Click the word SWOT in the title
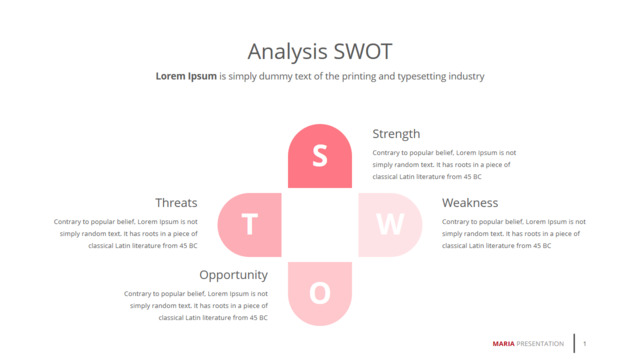click(362, 52)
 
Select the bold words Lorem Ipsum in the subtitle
click(186, 76)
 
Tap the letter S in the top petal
click(320, 156)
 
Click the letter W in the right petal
click(390, 224)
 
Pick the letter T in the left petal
click(250, 224)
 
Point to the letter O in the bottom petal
click(320, 293)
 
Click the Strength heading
click(396, 134)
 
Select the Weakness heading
click(470, 202)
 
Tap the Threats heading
click(176, 202)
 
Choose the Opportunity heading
click(233, 275)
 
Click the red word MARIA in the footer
click(503, 344)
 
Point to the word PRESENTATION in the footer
click(540, 344)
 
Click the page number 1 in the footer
click(584, 344)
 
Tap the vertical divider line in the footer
click(574, 343)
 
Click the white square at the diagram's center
click(320, 225)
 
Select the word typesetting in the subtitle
click(422, 77)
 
